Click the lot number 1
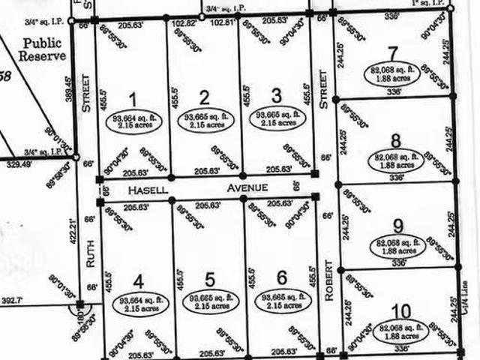click(x=133, y=98)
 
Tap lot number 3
click(x=276, y=95)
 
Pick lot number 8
click(x=395, y=140)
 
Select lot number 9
click(x=398, y=225)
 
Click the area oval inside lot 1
click(x=133, y=121)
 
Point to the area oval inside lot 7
click(x=393, y=73)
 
